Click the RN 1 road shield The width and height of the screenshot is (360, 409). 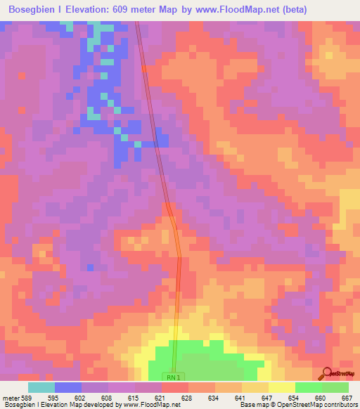(173, 377)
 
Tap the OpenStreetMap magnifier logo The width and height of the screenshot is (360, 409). (326, 372)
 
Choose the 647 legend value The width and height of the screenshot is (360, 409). (266, 397)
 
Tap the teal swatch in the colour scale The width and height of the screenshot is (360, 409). (41, 387)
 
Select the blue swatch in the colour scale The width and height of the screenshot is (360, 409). (68, 387)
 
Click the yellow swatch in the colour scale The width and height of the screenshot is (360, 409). (281, 387)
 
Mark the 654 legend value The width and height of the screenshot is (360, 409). (293, 397)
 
